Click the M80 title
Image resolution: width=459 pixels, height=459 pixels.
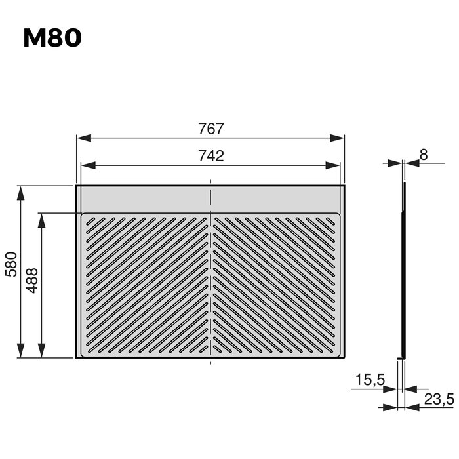(52, 38)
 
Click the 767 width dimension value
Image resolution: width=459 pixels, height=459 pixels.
(211, 129)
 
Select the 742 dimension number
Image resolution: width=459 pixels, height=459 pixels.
(211, 156)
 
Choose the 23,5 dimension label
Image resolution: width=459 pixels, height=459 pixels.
(437, 398)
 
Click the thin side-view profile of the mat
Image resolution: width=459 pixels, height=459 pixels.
(404, 269)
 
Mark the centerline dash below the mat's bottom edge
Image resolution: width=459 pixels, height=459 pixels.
(210, 361)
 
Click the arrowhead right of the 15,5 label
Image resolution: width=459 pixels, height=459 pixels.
(396, 389)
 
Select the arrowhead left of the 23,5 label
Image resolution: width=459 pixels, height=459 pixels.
(412, 407)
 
